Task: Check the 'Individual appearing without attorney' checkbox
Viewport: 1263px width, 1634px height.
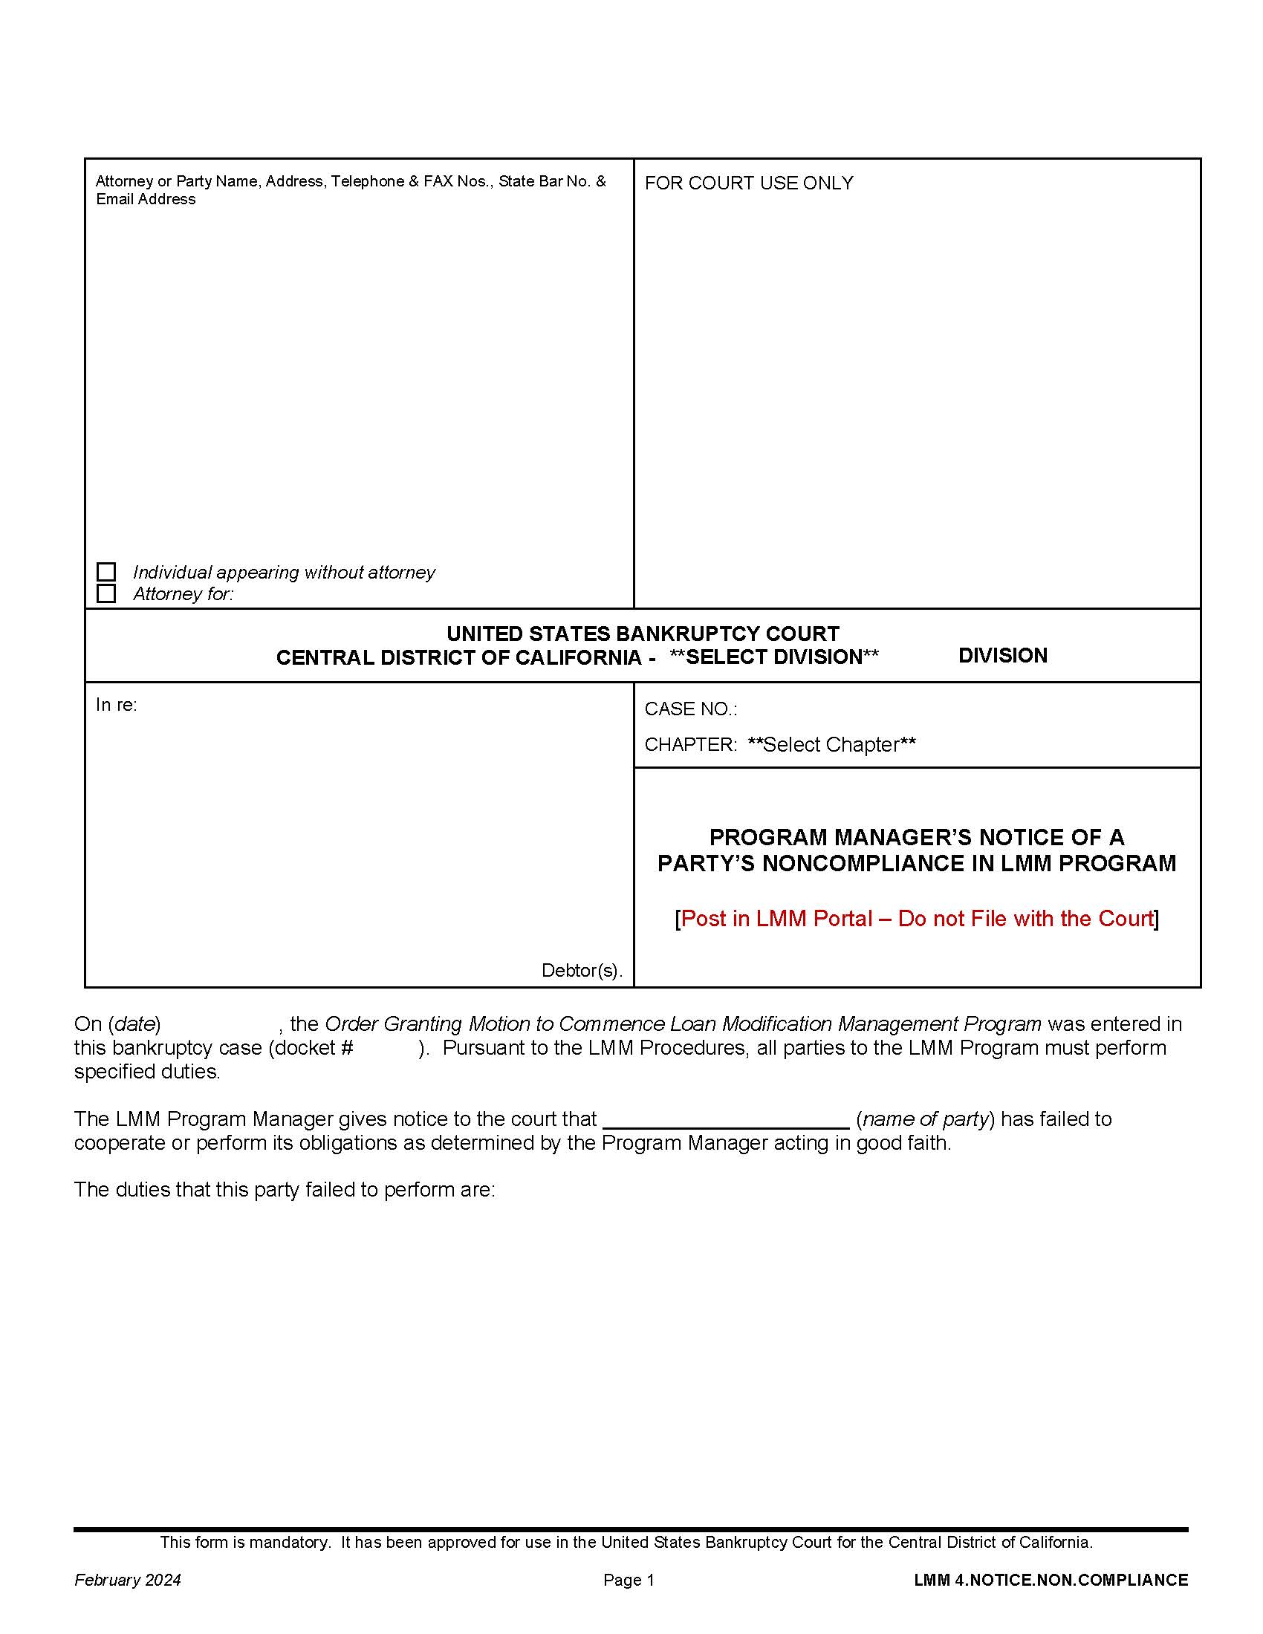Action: point(106,573)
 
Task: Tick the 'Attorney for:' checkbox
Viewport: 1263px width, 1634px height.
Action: point(106,594)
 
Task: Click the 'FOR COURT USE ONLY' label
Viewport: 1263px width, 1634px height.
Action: point(748,183)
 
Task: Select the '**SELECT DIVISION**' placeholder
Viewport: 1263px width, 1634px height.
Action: point(773,657)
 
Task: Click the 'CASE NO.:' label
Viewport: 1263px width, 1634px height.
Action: point(691,709)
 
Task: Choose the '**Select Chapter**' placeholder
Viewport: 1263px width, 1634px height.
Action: point(831,745)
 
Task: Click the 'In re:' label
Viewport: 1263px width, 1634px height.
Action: point(116,705)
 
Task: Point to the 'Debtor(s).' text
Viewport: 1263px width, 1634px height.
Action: point(582,971)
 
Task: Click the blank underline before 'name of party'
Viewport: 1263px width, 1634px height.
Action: point(726,1119)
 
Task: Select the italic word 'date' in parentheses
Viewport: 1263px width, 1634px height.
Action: point(136,1023)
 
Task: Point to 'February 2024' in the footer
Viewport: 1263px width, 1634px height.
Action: point(127,1580)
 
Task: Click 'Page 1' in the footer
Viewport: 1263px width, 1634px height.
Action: point(629,1580)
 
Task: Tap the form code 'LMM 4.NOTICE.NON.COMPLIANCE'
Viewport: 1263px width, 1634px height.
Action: point(1051,1580)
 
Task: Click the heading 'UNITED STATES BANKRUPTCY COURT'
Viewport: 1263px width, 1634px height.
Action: point(643,634)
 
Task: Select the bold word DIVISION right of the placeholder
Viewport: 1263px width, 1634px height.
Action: point(1003,655)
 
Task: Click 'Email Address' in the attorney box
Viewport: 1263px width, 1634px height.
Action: point(145,200)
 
